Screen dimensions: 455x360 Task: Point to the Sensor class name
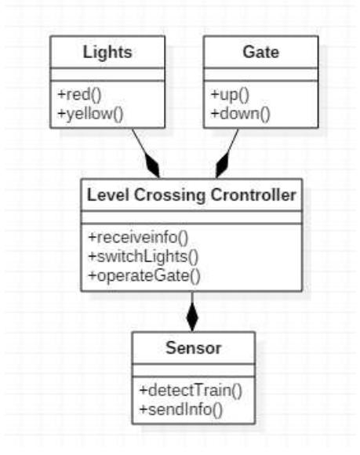point(193,346)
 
